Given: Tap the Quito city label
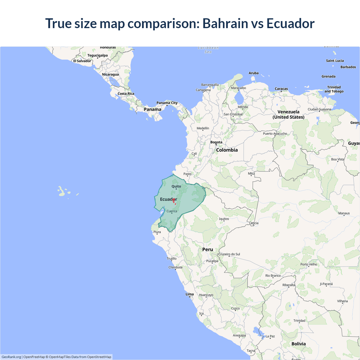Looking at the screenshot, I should pyautogui.click(x=176, y=186).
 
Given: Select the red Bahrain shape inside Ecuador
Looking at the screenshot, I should pyautogui.click(x=174, y=201).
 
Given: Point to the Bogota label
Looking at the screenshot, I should pyautogui.click(x=216, y=142).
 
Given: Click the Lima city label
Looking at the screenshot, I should pyautogui.click(x=190, y=294).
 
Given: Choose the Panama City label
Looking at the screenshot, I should pyautogui.click(x=167, y=103).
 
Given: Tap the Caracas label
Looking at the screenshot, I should pyautogui.click(x=281, y=89).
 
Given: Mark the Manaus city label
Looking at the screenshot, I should pyautogui.click(x=344, y=213).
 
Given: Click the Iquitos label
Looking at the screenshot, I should pyautogui.click(x=224, y=219).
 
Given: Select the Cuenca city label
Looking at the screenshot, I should pyautogui.click(x=172, y=211).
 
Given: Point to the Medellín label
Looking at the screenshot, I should pyautogui.click(x=203, y=128).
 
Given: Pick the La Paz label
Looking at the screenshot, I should pyautogui.click(x=270, y=336).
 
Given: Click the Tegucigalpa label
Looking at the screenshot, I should pyautogui.click(x=98, y=55).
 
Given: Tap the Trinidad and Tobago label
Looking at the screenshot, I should pyautogui.click(x=334, y=89).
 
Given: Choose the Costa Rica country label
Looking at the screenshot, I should pyautogui.click(x=126, y=94).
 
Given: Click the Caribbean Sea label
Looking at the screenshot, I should pyautogui.click(x=208, y=50).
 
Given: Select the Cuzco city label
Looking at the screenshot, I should pyautogui.click(x=235, y=308).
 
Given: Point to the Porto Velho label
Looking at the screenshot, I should pyautogui.click(x=309, y=264).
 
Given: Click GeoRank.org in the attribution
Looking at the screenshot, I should pyautogui.click(x=11, y=357).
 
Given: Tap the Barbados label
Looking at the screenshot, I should pyautogui.click(x=348, y=67).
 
